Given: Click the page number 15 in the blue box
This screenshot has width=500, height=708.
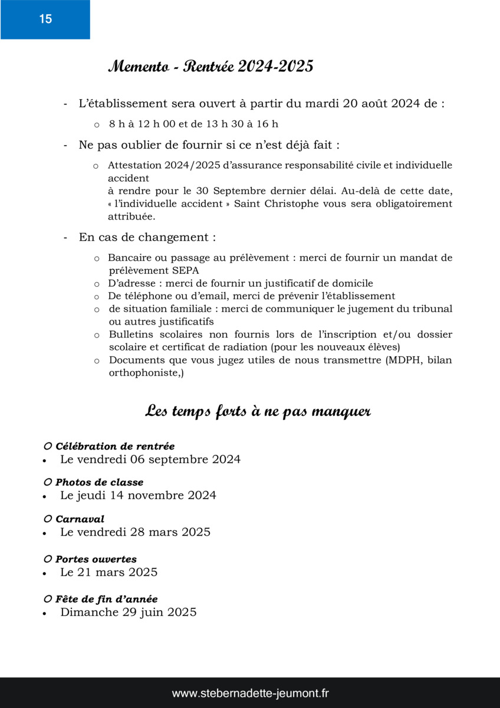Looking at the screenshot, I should click(x=45, y=19).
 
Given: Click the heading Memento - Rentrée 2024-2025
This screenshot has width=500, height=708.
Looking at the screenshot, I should click(x=210, y=67).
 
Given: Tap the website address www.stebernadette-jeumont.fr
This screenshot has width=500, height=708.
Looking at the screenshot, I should click(x=250, y=693).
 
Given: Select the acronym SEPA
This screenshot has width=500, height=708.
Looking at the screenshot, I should click(x=185, y=271).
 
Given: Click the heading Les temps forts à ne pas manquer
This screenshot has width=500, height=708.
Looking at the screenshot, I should click(x=258, y=411).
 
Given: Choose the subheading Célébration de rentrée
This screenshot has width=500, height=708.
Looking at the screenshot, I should click(x=115, y=447).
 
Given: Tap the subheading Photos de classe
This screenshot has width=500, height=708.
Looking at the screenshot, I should click(x=99, y=483).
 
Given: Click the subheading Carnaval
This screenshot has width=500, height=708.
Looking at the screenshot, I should click(x=80, y=519).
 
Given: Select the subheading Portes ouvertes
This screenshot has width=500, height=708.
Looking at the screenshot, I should click(x=96, y=559).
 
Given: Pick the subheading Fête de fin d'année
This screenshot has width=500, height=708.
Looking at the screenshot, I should click(x=106, y=599).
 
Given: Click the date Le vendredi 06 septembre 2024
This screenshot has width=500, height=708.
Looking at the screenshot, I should click(x=150, y=460).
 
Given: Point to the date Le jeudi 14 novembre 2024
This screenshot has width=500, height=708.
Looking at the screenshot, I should click(x=138, y=496).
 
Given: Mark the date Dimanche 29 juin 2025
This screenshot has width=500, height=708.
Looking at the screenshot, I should click(x=129, y=612).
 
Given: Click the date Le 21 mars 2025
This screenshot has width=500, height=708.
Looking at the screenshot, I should click(x=108, y=572).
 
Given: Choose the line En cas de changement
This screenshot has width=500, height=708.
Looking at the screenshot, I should click(x=147, y=238).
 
